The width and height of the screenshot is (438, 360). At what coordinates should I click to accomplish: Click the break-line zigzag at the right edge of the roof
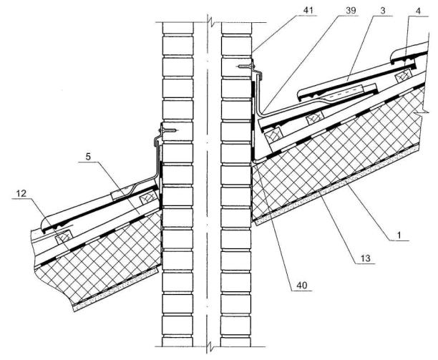(x=425, y=111)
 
